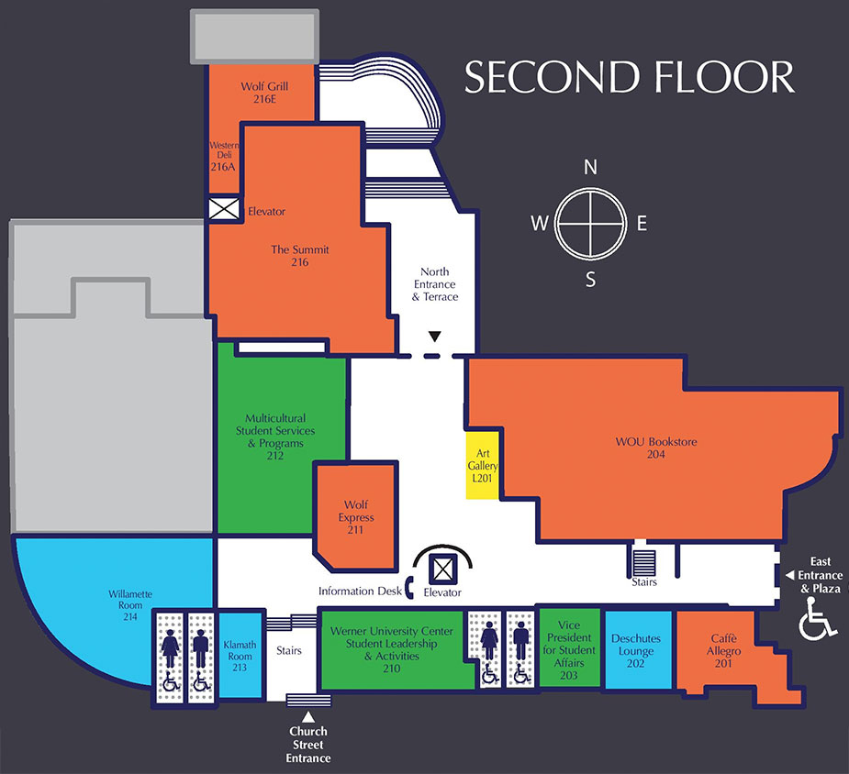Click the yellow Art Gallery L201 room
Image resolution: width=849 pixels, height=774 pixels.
pos(482,465)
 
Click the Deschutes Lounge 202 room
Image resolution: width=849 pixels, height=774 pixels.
pos(636,647)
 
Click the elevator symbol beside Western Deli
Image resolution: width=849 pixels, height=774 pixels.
pos(223,210)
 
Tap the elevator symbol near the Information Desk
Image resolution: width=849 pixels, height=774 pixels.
pos(443,569)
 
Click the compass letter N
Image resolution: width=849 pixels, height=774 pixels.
pos(591,167)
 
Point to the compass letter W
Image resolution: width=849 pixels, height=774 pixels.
pos(540,224)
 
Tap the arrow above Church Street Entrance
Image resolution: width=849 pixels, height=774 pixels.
pos(309,717)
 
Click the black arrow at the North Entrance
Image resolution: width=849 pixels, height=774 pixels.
pos(435,337)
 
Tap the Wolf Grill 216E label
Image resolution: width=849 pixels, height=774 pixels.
pos(264,93)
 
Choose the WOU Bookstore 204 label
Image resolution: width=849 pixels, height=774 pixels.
pos(656,448)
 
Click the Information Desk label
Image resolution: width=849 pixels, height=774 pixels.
pos(360,592)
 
